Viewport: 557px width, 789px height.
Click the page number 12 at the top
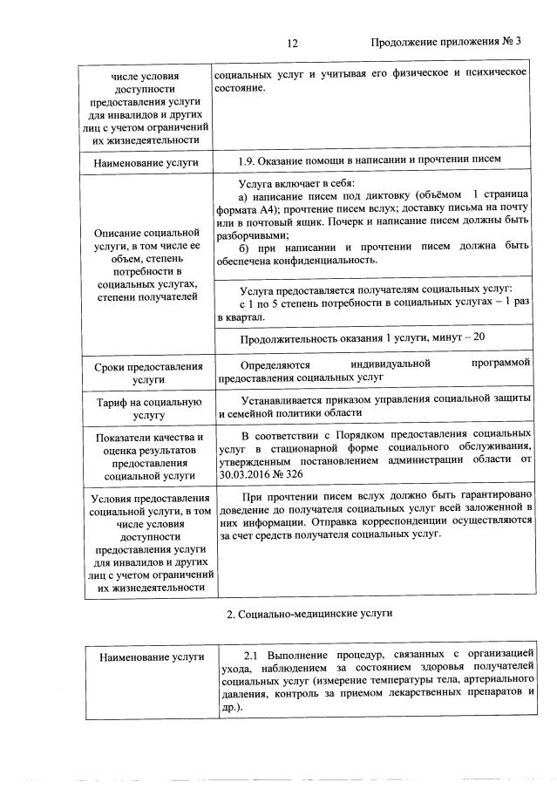click(292, 43)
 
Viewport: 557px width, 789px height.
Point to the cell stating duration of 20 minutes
click(362, 337)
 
